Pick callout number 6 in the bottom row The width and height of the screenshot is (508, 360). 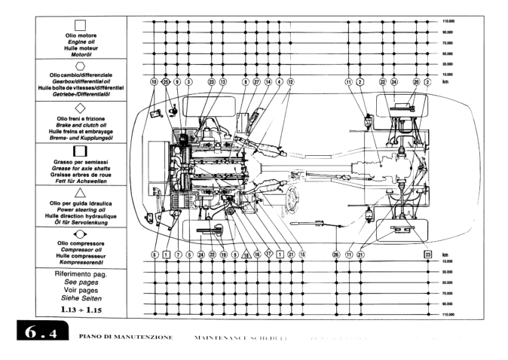pos(154,255)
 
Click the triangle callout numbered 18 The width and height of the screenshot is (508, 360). pos(246,255)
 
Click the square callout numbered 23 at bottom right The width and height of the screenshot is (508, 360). pos(427,255)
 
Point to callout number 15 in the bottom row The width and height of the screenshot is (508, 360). pos(302,255)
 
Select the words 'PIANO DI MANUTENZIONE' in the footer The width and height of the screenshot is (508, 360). pos(127,334)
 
